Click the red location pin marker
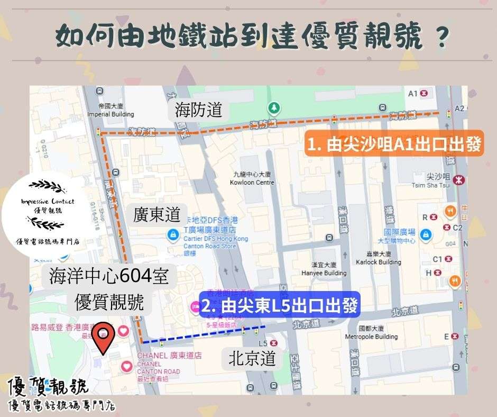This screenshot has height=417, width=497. coord(104,339)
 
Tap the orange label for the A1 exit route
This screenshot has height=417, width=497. coord(394,144)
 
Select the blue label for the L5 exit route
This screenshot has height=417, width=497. coord(280,305)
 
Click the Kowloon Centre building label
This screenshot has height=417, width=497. coord(252,178)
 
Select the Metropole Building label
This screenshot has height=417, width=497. coord(371,333)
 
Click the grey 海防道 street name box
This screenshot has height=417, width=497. coord(198,111)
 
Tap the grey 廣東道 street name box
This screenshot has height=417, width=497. coord(157,215)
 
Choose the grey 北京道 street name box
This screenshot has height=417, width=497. coord(252,359)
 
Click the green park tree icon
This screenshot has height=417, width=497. coord(274,108)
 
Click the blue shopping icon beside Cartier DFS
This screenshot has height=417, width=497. coord(172,234)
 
